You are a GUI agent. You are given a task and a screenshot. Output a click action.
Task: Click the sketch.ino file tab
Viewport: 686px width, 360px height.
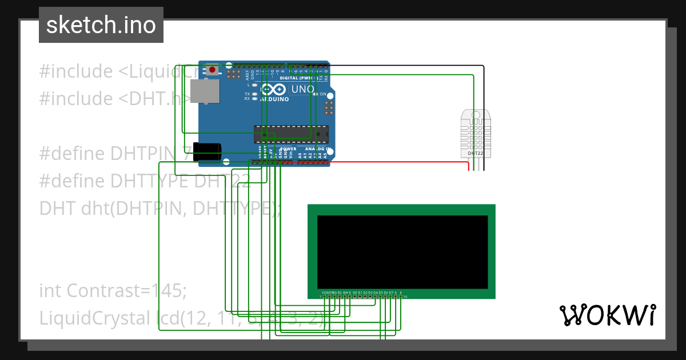101,25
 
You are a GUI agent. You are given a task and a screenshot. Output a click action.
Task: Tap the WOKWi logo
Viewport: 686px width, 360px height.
607,315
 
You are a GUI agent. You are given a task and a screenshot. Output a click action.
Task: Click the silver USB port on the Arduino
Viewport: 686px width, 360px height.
205,91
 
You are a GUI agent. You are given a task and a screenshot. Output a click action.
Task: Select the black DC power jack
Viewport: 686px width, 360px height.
207,152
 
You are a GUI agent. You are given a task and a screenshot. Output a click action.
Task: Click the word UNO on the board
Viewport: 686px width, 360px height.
303,90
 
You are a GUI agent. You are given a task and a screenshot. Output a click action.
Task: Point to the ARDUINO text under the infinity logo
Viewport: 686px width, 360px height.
274,99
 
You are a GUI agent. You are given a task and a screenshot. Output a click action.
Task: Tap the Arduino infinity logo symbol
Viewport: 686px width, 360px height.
273,90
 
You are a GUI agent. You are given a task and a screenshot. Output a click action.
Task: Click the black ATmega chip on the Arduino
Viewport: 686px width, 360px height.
292,133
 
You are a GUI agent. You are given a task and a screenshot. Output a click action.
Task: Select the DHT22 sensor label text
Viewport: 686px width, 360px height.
476,153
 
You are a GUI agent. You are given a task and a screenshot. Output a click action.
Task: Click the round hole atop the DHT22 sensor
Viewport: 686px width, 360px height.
476,114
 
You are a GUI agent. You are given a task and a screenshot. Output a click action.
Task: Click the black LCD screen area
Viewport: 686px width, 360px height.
402,252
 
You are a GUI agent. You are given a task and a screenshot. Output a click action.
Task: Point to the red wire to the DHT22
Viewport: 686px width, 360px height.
400,162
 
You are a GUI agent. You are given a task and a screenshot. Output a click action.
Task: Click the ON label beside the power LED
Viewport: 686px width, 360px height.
323,94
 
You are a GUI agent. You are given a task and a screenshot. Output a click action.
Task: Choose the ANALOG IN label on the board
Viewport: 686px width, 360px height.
318,149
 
